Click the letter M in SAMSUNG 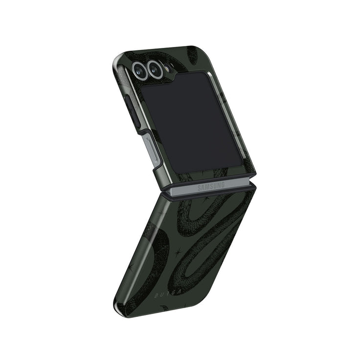tap(208, 187)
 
